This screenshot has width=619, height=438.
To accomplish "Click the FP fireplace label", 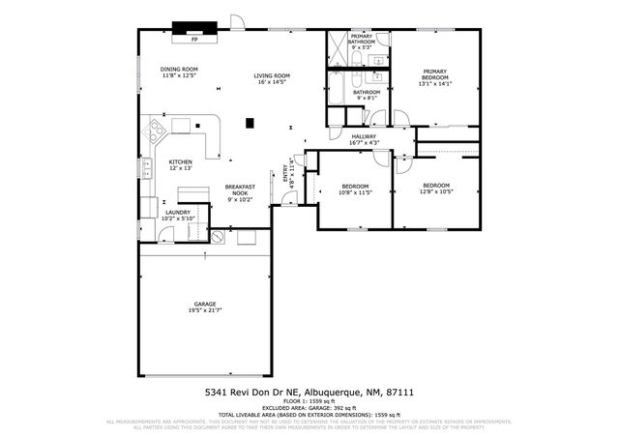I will pyautogui.click(x=193, y=41).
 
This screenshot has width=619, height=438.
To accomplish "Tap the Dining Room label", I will pyautogui.click(x=179, y=73).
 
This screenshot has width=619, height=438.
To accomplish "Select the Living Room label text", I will pyautogui.click(x=273, y=78).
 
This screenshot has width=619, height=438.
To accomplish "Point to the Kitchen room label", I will pyautogui.click(x=181, y=164).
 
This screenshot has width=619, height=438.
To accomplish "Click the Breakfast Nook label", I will pyautogui.click(x=240, y=191).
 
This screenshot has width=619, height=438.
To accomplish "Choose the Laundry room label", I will pyautogui.click(x=178, y=215).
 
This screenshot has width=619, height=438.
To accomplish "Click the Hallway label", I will pyautogui.click(x=364, y=139).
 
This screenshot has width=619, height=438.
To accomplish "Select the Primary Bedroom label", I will pyautogui.click(x=434, y=76).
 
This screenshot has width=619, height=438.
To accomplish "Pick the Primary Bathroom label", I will pyautogui.click(x=362, y=42).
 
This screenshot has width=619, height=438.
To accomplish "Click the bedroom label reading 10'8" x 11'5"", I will pyautogui.click(x=355, y=189).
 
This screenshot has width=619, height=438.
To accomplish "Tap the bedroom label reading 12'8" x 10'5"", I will pyautogui.click(x=435, y=188).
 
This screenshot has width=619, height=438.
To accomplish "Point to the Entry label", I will pyautogui.click(x=286, y=170).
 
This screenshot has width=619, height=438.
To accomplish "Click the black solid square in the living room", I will pyautogui.click(x=250, y=122).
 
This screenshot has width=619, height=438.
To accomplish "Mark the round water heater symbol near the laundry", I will pyautogui.click(x=218, y=235).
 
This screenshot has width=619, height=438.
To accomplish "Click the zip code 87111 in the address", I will pyautogui.click(x=401, y=393).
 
